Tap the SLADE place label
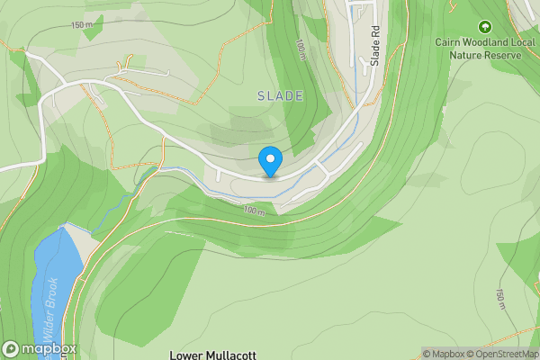tap(279, 95)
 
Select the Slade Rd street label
tap(375, 42)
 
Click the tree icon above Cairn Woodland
tap(485, 27)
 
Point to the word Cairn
tap(449, 42)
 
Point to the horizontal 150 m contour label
tap(82, 25)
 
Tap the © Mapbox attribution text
tap(443, 354)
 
